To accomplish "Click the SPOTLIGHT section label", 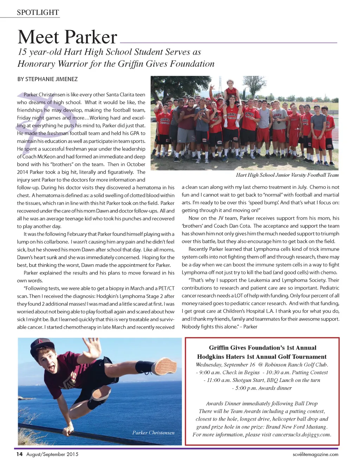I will pos(38,13).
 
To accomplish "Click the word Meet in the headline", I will pos(38,37).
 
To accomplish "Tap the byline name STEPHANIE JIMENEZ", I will pos(51,79).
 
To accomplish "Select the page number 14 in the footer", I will pos(20,454).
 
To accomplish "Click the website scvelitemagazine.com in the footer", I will pos(315,454).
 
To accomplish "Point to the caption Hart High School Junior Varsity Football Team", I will pos(287,175).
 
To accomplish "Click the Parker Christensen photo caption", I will pos(153,433).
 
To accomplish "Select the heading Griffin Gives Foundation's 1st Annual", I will pos(262,348).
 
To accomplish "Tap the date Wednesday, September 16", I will pos(225,365).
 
